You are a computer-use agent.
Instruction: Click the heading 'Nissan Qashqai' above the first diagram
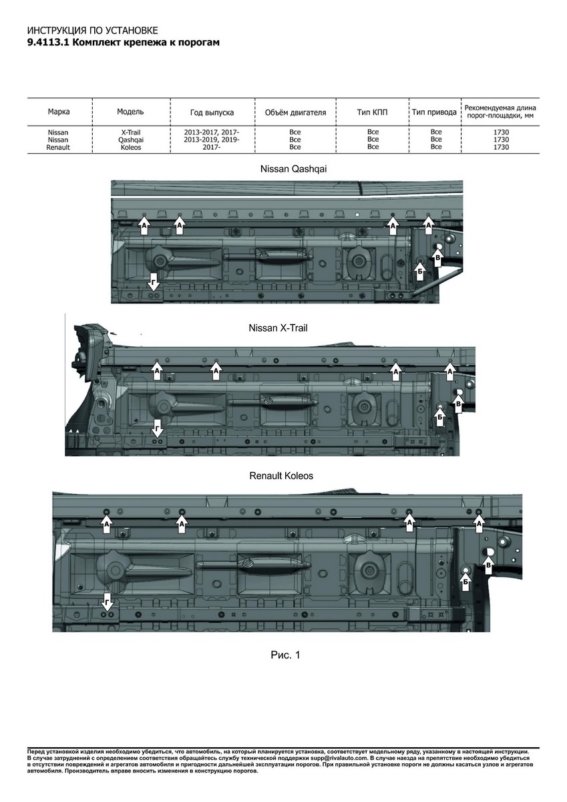coord(293,170)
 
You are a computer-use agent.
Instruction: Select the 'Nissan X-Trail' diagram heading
coord(278,328)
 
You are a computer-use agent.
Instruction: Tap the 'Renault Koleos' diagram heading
coord(281,476)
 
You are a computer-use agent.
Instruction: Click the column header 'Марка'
coord(59,112)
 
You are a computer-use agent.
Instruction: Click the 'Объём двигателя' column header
coord(295,112)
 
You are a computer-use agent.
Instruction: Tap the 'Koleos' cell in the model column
coord(130,147)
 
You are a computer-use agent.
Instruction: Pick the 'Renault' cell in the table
coord(58,147)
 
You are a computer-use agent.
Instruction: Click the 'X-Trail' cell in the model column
coord(130,132)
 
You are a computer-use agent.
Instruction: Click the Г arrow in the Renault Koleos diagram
coord(107,598)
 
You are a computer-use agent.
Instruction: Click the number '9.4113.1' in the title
coord(47,42)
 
